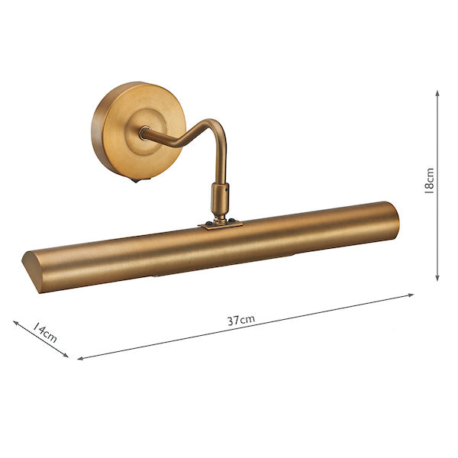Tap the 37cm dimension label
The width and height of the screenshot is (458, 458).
241,321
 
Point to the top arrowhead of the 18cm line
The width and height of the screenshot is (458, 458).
437,92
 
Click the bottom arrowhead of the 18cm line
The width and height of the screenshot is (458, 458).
437,279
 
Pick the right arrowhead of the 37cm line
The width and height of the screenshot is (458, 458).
411,294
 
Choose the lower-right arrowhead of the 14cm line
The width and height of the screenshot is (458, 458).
66,355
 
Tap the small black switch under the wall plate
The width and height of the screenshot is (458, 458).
138,181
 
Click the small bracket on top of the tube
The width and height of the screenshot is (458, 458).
221,223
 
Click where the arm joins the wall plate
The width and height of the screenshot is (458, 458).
144,133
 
